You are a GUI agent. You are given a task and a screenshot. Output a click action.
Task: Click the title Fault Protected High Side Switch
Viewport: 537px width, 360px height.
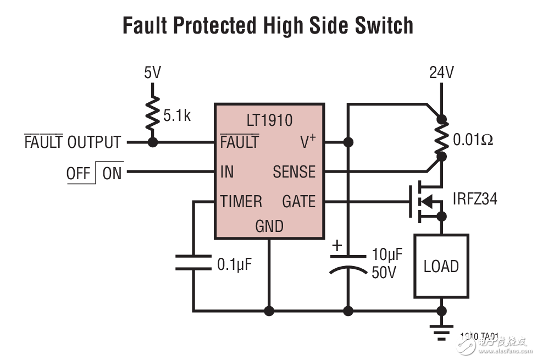268,25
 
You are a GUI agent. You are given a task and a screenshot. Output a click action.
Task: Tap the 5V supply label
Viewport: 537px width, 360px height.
152,73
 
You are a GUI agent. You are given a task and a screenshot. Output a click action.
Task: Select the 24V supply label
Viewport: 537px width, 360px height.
441,73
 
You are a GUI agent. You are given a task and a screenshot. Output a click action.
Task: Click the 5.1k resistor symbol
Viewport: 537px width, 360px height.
153,114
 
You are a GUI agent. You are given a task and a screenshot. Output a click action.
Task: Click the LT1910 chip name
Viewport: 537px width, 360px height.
269,120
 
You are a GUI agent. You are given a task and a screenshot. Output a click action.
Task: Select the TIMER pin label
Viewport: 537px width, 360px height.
241,202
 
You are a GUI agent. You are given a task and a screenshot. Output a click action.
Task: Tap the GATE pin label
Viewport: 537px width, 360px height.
298,202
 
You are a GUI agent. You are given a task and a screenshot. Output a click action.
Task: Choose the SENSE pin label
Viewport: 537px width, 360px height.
294,172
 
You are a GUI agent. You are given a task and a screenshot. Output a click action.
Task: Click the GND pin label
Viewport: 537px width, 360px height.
269,226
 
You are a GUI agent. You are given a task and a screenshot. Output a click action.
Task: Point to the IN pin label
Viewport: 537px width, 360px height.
226,172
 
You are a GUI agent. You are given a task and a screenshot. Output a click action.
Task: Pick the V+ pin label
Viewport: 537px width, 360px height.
308,142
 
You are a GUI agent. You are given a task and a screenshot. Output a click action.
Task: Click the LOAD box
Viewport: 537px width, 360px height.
441,266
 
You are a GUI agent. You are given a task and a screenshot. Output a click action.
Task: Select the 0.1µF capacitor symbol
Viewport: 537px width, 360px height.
193,262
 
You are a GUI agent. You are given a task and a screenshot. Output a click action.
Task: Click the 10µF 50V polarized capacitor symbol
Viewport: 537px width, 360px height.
348,263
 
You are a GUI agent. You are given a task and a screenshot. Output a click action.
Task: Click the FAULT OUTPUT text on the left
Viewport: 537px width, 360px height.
73,142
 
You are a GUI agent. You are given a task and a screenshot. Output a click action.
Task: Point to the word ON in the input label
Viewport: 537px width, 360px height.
112,174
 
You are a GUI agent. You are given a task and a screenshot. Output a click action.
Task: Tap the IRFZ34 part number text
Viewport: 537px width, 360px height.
475,198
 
